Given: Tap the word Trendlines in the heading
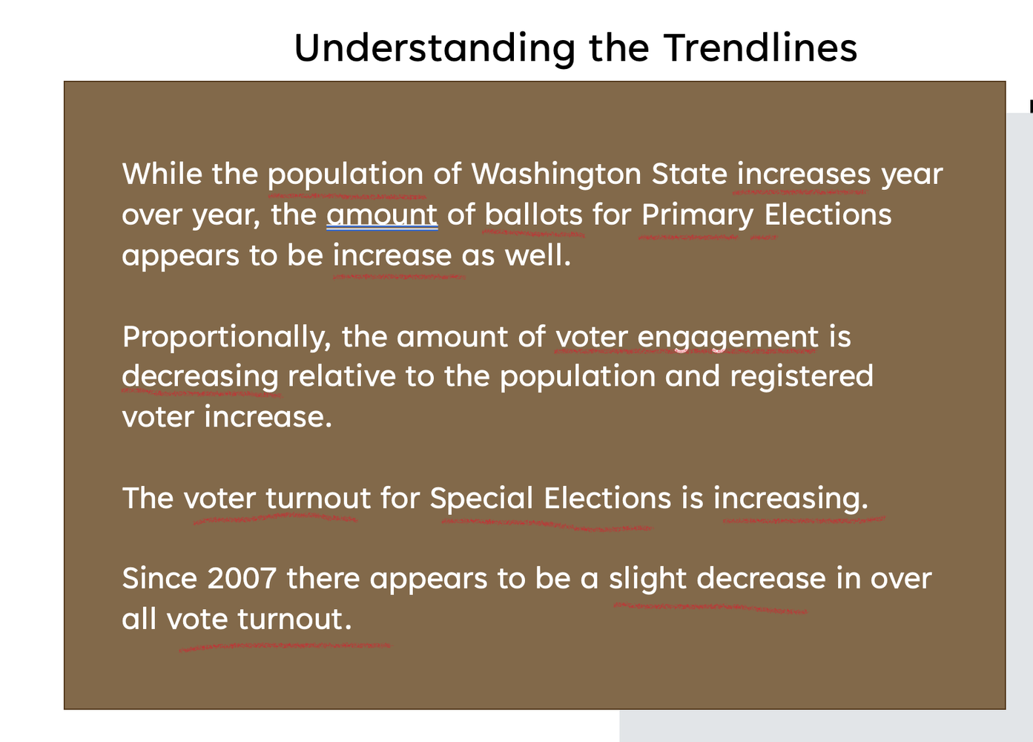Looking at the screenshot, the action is point(760,47).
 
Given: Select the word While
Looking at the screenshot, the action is point(162,174).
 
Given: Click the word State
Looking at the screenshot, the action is point(690,174).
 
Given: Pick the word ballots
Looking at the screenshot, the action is point(534,214).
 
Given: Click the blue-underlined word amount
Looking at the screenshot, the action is point(382,215).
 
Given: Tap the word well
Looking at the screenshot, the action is point(538,255).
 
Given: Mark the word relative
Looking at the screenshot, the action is point(342,375).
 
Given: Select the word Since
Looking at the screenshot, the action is point(159,578).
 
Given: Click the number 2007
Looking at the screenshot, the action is point(242,578).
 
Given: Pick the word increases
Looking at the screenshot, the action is point(803,174).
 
